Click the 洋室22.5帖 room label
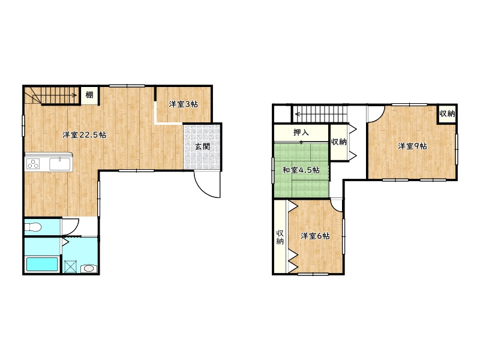click(x=85, y=134)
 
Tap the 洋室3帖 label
click(x=184, y=104)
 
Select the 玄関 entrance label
click(x=202, y=146)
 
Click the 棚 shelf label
click(x=89, y=95)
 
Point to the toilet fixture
click(x=33, y=227)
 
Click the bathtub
click(x=42, y=264)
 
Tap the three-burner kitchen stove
click(x=33, y=164)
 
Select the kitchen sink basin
click(x=61, y=163)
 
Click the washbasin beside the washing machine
click(x=89, y=268)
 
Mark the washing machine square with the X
click(x=70, y=266)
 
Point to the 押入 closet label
click(x=301, y=133)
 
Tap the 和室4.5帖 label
click(x=301, y=170)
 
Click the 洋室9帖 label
click(x=412, y=146)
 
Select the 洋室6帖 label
click(x=316, y=236)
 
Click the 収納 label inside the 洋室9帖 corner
click(x=447, y=114)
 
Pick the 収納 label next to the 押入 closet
click(x=339, y=142)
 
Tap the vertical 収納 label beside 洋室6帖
click(x=280, y=237)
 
